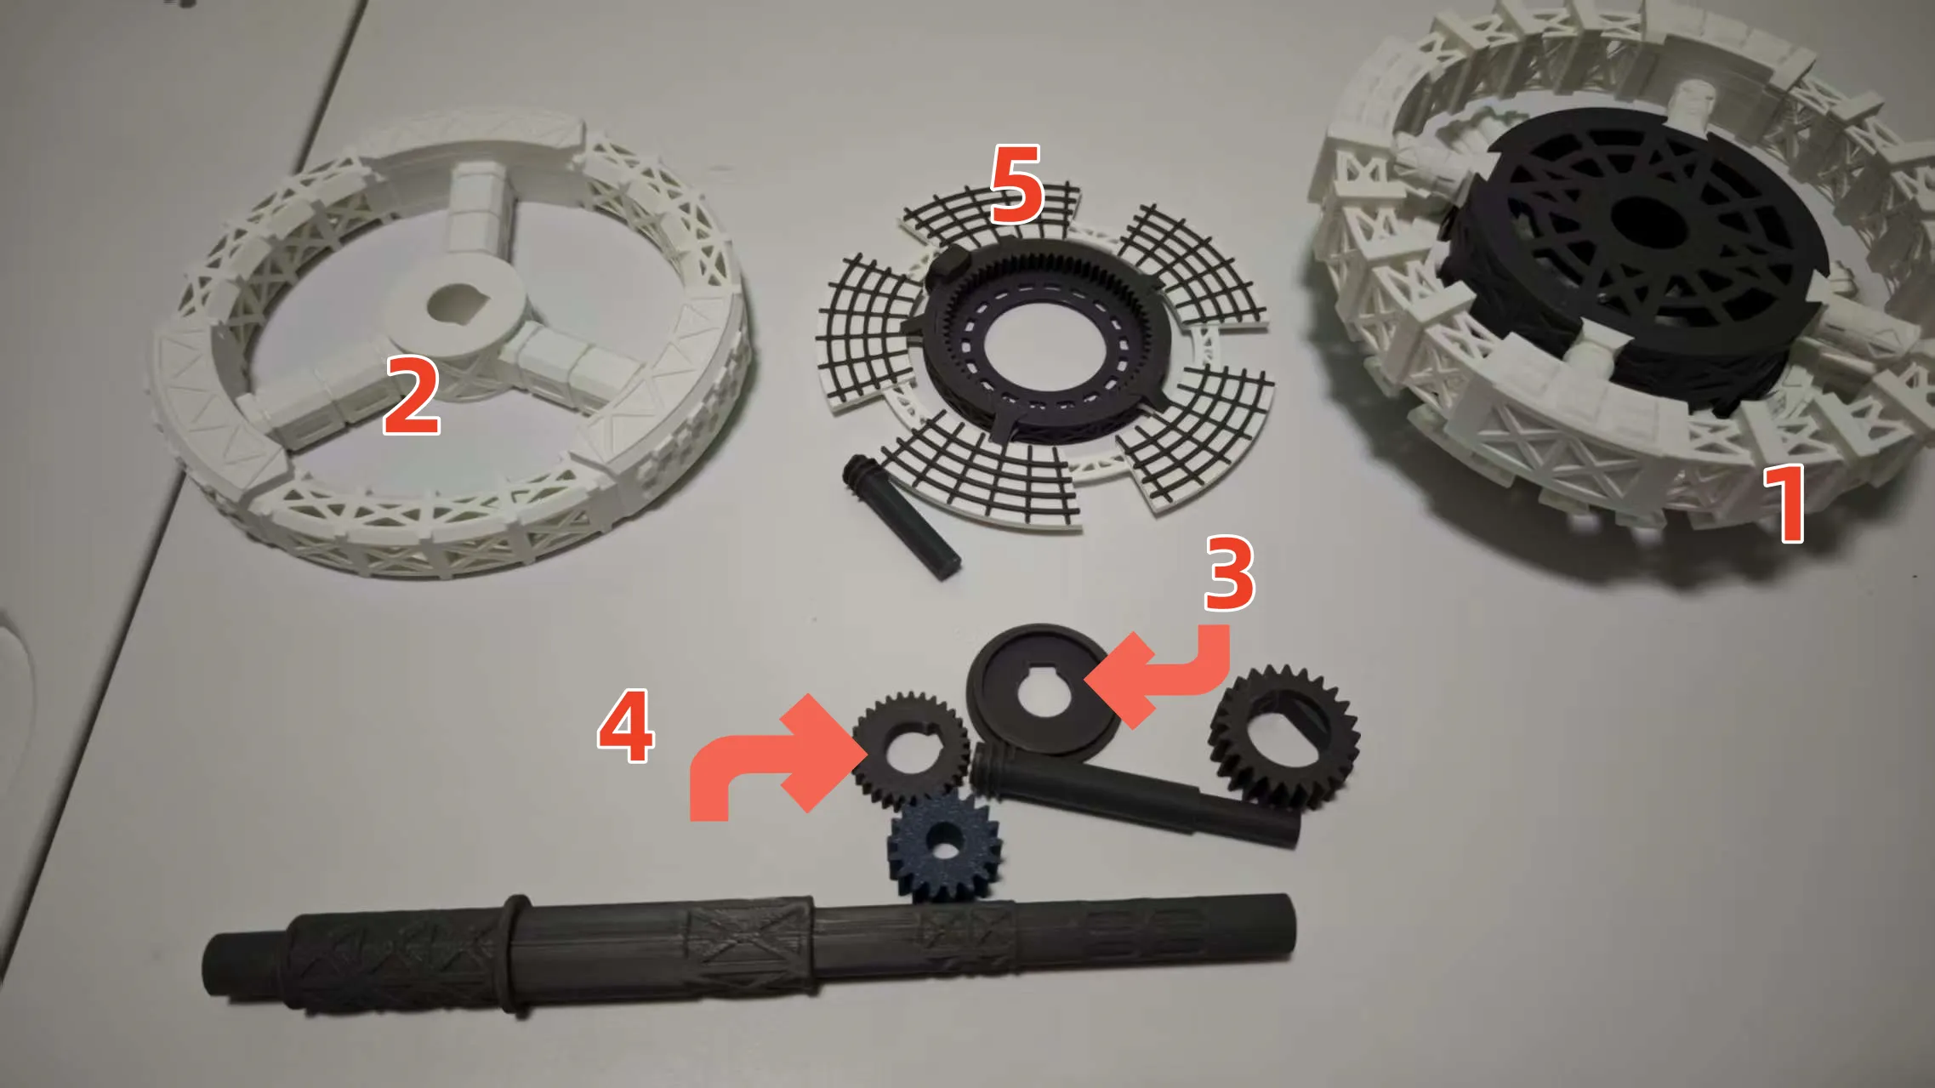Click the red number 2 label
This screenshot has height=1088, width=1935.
pyautogui.click(x=412, y=395)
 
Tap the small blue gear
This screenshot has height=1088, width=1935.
pyautogui.click(x=943, y=846)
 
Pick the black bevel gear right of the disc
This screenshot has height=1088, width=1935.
pyautogui.click(x=1284, y=737)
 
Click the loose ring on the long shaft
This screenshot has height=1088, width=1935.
pyautogui.click(x=515, y=954)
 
